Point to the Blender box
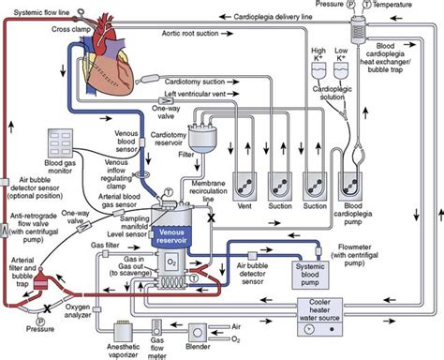pyautogui.click(x=202, y=330)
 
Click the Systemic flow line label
pyautogui.click(x=41, y=13)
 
